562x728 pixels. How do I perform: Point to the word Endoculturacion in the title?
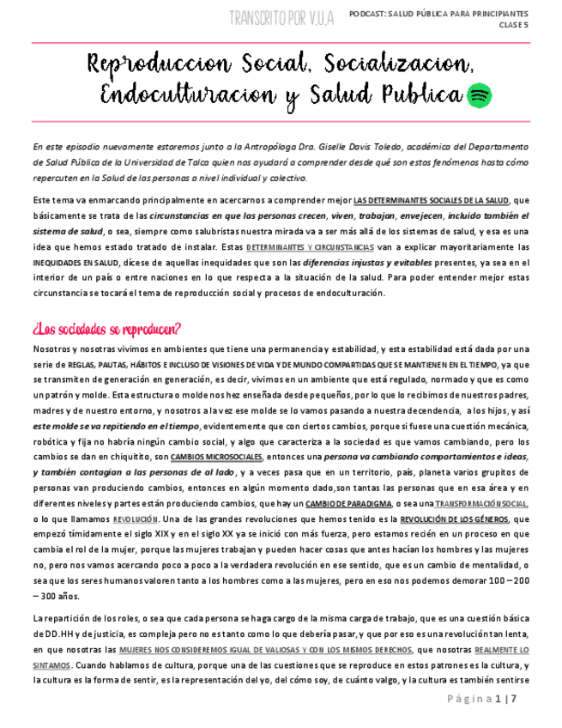pyautogui.click(x=187, y=94)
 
